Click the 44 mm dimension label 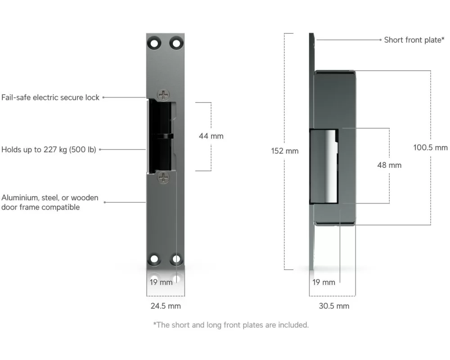click(211, 136)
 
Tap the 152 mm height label click(285, 151)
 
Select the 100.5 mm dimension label click(430, 148)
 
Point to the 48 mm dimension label click(389, 165)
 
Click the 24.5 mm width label click(166, 306)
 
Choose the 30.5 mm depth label click(334, 306)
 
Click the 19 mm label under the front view click(161, 282)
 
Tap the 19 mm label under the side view click(324, 282)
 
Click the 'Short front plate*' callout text click(414, 40)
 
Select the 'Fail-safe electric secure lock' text click(50, 98)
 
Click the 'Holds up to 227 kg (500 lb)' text click(49, 149)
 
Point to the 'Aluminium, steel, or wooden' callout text click(50, 198)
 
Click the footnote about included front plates click(231, 325)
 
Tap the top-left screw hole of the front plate click(154, 44)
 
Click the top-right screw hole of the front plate click(176, 44)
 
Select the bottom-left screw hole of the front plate click(154, 259)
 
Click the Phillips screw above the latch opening click(163, 95)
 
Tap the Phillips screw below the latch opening click(163, 178)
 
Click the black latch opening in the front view click(160, 136)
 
